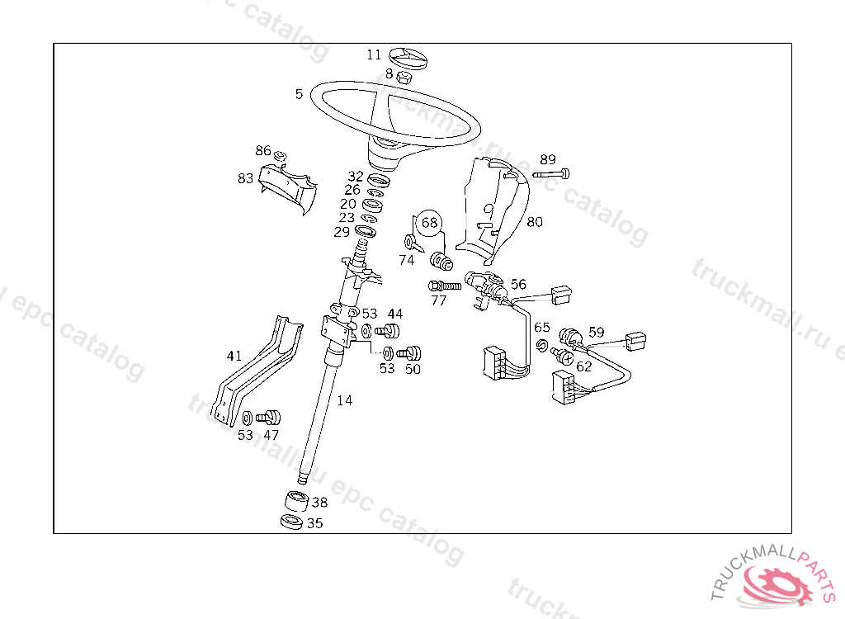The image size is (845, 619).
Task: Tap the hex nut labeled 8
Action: pyautogui.click(x=404, y=77)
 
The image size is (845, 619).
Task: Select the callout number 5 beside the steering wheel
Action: pyautogui.click(x=299, y=94)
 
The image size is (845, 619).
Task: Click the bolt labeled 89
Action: pyautogui.click(x=552, y=174)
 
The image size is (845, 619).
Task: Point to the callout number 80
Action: pyautogui.click(x=535, y=221)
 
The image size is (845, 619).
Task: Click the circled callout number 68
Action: pyautogui.click(x=429, y=223)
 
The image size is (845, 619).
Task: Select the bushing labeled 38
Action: pyautogui.click(x=296, y=502)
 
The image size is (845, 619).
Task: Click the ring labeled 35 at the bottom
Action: pyautogui.click(x=291, y=522)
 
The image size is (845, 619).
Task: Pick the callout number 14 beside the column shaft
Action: pyautogui.click(x=344, y=400)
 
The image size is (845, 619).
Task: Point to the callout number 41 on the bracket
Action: pyautogui.click(x=234, y=357)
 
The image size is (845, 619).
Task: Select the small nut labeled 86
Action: pyautogui.click(x=281, y=156)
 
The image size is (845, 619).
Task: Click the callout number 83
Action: pyautogui.click(x=245, y=178)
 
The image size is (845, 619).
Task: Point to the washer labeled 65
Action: pyautogui.click(x=542, y=344)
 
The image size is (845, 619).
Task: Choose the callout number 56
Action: pyautogui.click(x=518, y=284)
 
